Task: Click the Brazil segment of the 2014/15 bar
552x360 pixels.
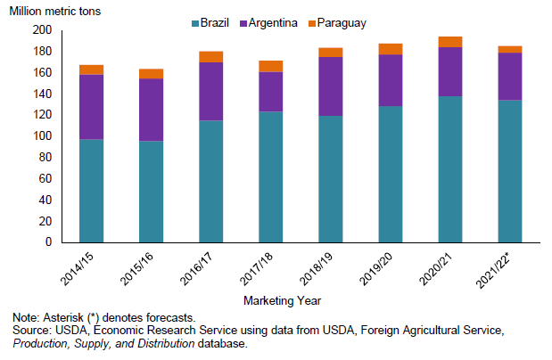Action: [91, 191]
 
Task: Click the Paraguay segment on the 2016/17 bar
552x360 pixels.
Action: [210, 57]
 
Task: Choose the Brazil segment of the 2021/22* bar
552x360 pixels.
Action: [509, 171]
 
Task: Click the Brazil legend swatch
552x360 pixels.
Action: [196, 22]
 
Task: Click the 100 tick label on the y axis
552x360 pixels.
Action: [41, 136]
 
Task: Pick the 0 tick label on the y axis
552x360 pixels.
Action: [49, 242]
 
